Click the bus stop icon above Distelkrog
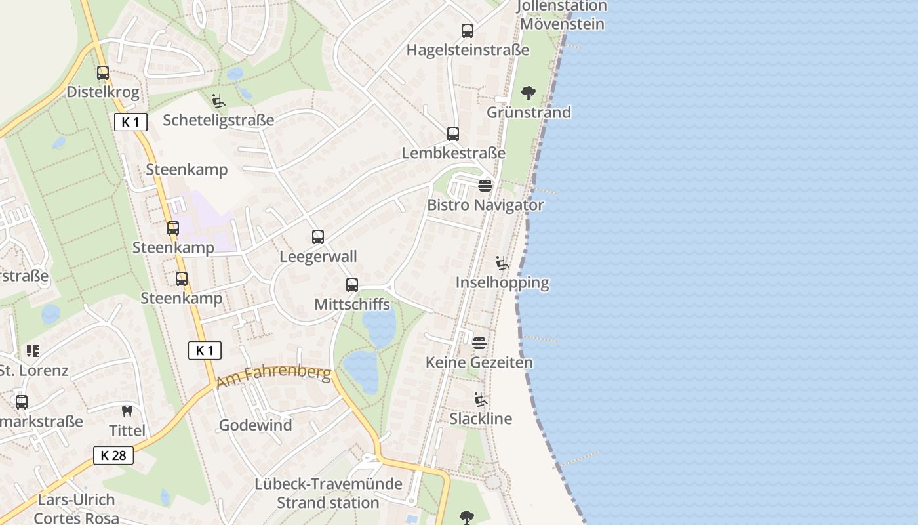tap(103, 73)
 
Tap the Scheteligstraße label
tap(218, 120)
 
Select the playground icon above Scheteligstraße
tap(218, 101)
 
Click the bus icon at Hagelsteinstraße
tap(467, 31)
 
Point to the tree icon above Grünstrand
tap(528, 93)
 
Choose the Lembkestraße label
tap(454, 153)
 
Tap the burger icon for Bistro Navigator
tap(485, 186)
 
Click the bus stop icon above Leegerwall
tap(318, 237)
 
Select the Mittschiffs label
tap(352, 304)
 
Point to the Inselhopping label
tap(502, 283)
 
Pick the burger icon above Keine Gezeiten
tap(479, 343)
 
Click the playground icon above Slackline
tap(481, 400)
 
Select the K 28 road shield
tap(113, 455)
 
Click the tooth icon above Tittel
tap(127, 411)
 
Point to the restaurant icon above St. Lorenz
tap(32, 351)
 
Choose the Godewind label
tap(255, 425)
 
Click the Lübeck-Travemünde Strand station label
tap(329, 493)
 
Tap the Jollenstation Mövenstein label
tap(562, 15)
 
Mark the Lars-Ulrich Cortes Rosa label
tap(76, 509)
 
